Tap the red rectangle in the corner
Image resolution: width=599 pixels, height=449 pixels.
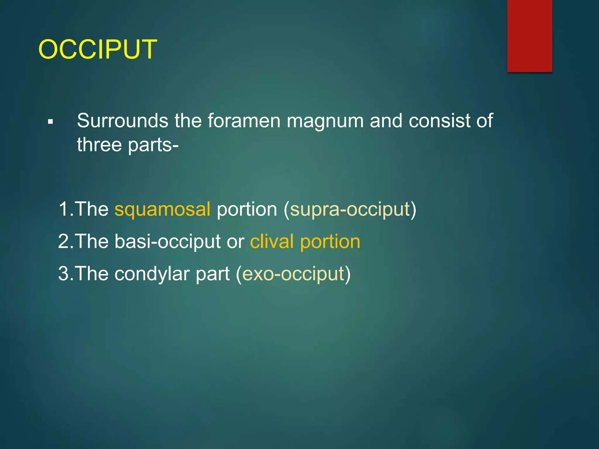[529, 36]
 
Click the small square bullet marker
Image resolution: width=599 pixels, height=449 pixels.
[51, 122]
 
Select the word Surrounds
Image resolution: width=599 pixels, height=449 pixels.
[123, 121]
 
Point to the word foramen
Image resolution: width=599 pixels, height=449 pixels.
[244, 121]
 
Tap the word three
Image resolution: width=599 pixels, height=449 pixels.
[99, 145]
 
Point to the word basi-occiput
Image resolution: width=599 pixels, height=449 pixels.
[167, 242]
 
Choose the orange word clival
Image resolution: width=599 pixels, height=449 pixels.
[272, 242]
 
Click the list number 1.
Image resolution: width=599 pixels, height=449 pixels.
[64, 210]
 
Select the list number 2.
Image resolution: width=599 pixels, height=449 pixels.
[64, 242]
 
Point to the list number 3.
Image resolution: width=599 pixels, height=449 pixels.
[64, 274]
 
